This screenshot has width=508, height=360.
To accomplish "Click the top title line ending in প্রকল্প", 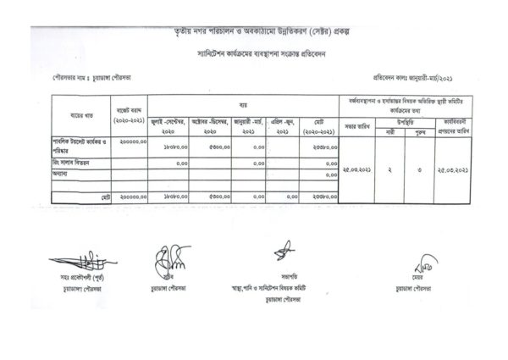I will click(x=253, y=30).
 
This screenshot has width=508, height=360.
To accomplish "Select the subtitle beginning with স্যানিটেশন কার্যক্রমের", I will click(x=253, y=52).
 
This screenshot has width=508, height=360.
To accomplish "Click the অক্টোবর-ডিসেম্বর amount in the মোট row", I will click(x=216, y=196).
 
